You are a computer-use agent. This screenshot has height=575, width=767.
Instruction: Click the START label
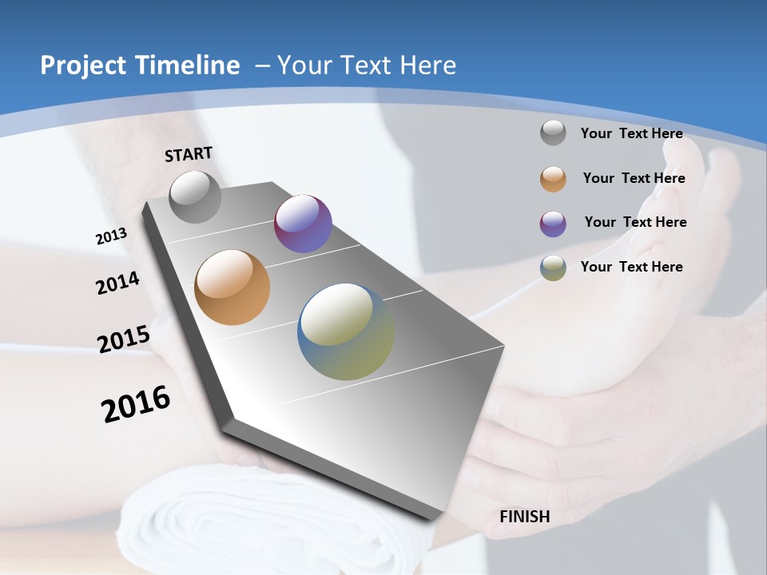click(x=189, y=154)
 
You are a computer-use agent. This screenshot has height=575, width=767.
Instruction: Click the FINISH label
click(x=525, y=517)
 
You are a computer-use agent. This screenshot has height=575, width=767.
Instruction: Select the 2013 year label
click(x=111, y=236)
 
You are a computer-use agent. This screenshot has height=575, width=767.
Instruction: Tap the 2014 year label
click(x=117, y=283)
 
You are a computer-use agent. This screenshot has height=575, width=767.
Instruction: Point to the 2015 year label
click(x=123, y=339)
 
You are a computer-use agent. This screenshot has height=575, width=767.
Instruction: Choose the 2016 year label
click(x=136, y=404)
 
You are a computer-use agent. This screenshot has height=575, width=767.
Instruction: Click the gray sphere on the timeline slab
click(x=196, y=196)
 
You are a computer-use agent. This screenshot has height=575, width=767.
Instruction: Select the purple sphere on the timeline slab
click(x=303, y=224)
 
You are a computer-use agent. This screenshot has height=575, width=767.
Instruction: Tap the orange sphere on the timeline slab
click(x=232, y=287)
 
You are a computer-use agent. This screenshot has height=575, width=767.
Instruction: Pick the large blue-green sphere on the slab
click(x=346, y=331)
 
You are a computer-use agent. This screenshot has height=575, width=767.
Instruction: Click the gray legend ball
click(x=553, y=133)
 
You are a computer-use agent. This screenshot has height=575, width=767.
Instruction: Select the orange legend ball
click(x=553, y=179)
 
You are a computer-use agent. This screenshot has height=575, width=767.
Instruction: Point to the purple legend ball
click(x=553, y=224)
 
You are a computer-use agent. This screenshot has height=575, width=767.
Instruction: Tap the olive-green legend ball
click(x=553, y=268)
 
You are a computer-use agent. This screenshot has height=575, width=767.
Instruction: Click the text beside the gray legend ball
click(x=631, y=133)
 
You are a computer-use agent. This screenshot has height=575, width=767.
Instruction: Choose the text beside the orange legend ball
click(x=634, y=178)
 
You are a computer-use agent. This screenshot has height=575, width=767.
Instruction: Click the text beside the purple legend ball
click(x=635, y=222)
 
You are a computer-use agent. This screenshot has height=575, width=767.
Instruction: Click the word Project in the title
click(x=82, y=65)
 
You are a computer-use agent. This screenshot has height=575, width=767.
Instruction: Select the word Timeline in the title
click(x=189, y=65)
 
